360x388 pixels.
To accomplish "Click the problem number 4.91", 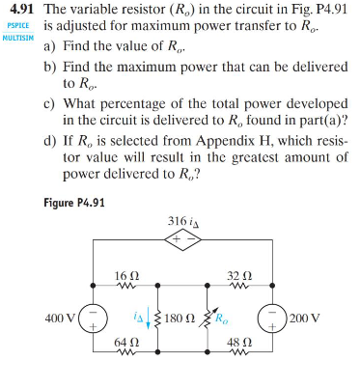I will point(20,9).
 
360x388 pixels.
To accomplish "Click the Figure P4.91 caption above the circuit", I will point(74,202).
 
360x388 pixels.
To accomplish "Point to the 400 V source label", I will point(61,317).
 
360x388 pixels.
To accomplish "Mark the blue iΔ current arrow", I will point(153,319).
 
